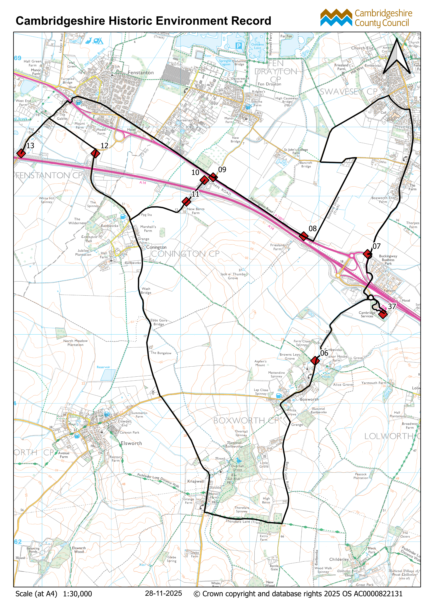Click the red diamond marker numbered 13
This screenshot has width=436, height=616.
21,154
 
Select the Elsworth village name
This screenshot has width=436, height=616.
131,444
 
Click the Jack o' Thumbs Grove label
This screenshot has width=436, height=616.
233,276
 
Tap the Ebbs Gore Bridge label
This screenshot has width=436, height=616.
159,322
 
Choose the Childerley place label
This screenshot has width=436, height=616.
339,559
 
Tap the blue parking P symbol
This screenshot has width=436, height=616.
238,46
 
